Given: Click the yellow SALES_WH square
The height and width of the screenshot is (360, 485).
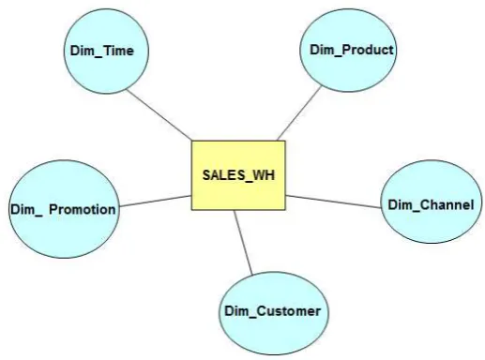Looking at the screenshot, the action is point(238,175).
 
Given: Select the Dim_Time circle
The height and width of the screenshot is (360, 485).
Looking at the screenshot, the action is point(106,51).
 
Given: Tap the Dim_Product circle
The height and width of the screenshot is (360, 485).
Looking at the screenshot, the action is point(348,51).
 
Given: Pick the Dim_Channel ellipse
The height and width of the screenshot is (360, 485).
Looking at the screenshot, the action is point(432,202).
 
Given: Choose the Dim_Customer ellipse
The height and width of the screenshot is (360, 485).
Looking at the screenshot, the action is point(274,313).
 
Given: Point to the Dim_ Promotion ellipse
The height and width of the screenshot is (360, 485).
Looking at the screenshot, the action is point(64,209).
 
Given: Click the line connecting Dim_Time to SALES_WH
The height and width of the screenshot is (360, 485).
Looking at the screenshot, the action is point(159,114).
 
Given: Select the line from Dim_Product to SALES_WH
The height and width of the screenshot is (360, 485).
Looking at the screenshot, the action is point(299,113).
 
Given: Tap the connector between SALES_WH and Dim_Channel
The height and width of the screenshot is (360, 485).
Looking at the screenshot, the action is point(333,202).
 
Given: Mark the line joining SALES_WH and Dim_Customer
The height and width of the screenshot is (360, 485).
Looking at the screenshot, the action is point(243,243).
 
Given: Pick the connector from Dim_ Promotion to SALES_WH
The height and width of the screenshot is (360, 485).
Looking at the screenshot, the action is point(156,201).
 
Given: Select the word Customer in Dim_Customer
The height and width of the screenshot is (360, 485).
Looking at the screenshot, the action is point(289,311).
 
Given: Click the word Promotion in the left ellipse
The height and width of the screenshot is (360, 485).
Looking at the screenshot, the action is point(83,209).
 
